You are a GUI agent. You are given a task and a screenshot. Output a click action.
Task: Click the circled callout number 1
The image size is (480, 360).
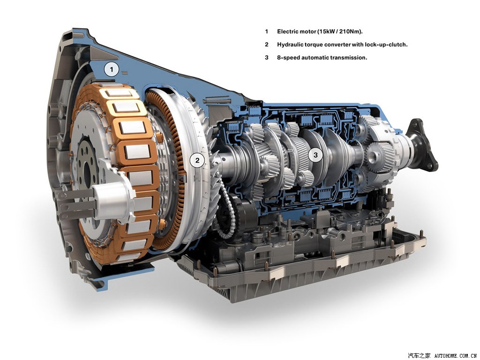tap(112, 69)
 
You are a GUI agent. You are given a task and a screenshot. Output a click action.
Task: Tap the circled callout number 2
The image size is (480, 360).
tap(197, 160)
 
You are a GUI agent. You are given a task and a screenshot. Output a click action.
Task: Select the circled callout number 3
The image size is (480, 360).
tap(315, 155)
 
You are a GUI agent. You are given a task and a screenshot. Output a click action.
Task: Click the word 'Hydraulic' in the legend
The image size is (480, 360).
tap(290, 45)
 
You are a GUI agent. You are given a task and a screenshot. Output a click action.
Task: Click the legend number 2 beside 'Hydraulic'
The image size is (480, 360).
tap(267, 45)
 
